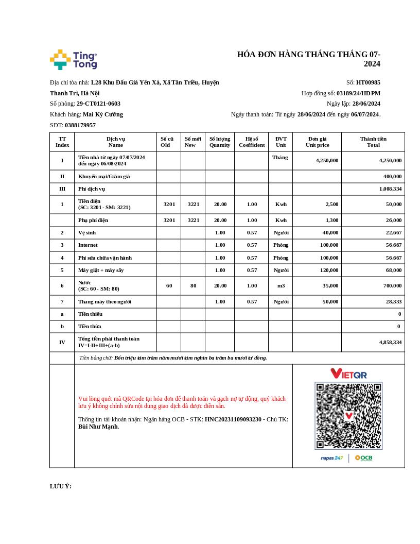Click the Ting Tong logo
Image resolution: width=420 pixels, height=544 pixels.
coord(74,60)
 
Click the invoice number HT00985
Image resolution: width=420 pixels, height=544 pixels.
coord(368,82)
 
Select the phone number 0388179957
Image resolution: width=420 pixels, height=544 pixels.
coord(80,125)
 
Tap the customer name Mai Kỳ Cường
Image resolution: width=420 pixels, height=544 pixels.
coord(103,114)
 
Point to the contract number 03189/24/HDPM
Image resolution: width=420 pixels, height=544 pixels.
coord(358,93)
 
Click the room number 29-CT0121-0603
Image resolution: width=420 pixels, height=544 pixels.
coord(98,104)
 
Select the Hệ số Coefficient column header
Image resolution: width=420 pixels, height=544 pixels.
coord(252,142)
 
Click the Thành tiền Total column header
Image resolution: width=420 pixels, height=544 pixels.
coord(373,142)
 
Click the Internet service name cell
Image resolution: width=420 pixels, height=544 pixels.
coord(88,245)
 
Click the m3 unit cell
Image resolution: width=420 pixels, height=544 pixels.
coord(281,285)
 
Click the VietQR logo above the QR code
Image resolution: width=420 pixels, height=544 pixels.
coord(348,373)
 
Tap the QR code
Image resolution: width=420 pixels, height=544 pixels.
coord(348,416)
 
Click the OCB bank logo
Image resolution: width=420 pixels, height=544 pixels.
coord(363,458)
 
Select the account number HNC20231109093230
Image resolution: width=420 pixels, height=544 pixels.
coord(233,419)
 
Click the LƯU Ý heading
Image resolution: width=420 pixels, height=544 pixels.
coord(61,486)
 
